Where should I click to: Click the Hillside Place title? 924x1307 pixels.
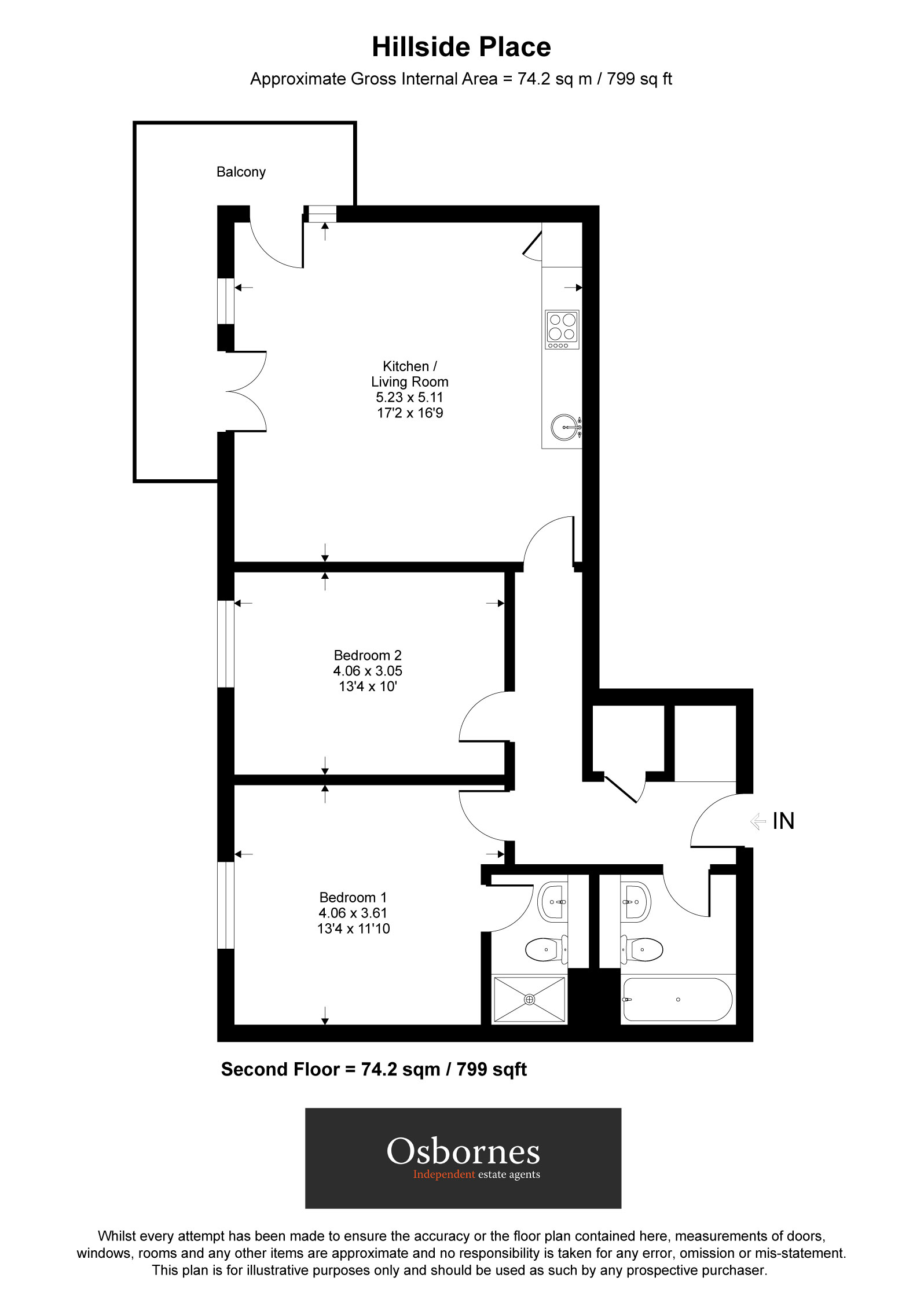tap(461, 47)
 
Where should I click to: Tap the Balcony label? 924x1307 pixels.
tap(241, 172)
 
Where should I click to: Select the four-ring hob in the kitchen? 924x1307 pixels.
tap(562, 329)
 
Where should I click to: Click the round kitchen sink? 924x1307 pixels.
tap(564, 427)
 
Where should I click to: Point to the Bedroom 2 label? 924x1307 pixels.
tap(368, 655)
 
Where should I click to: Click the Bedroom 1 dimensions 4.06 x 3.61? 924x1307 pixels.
tap(353, 913)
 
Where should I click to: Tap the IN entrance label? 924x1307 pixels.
tap(783, 821)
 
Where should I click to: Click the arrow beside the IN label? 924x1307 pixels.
tap(757, 821)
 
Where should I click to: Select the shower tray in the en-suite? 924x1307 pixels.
tap(529, 1000)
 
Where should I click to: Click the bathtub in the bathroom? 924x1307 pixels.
tap(677, 1000)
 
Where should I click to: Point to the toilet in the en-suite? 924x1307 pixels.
tap(545, 950)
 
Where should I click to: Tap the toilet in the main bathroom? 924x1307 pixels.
tap(643, 950)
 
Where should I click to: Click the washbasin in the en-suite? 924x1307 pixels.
tap(553, 902)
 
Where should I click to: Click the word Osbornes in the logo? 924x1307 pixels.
tap(463, 1151)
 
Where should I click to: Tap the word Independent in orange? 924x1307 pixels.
tap(444, 1174)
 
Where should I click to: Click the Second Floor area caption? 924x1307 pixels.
tap(374, 1070)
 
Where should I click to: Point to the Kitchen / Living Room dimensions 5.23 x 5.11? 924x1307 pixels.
tap(409, 398)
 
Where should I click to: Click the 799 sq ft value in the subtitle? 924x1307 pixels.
tap(639, 79)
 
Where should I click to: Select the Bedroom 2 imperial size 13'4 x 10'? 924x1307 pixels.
tap(368, 686)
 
